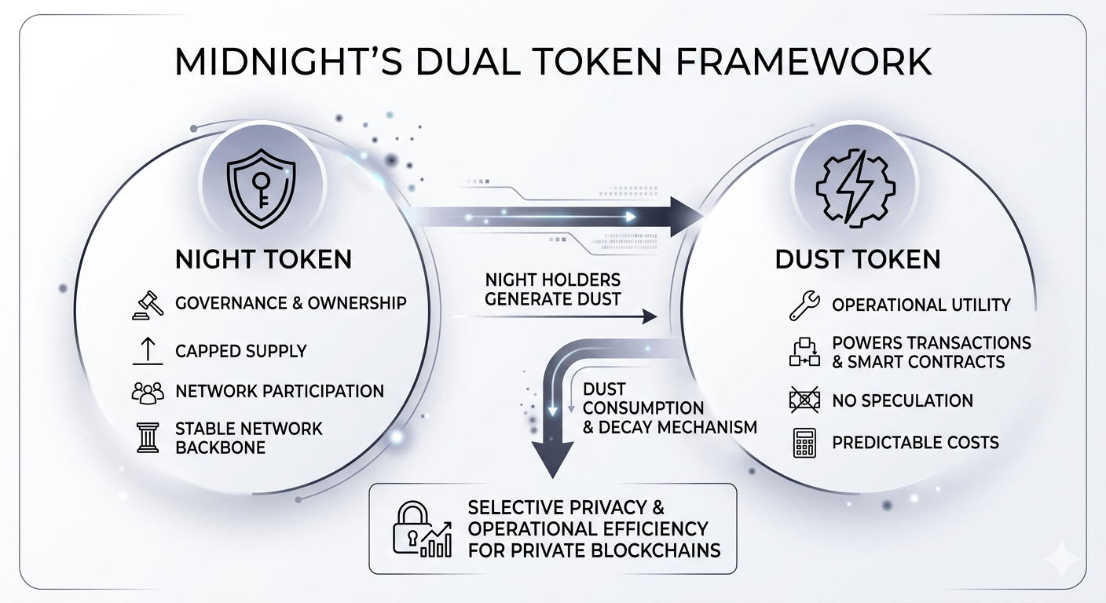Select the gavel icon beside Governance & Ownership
coord(148,304)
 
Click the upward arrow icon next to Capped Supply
coord(148,351)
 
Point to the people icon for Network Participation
coord(148,392)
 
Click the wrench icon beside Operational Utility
coord(804,305)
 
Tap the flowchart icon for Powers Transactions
coord(804,353)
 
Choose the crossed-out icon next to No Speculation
coord(804,400)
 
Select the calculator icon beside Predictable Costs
coord(804,443)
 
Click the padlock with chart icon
coord(421,528)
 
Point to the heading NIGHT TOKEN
coord(263,259)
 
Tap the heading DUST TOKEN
coord(858,259)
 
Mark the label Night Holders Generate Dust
coord(552,289)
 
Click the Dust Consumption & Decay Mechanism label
coord(668,408)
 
